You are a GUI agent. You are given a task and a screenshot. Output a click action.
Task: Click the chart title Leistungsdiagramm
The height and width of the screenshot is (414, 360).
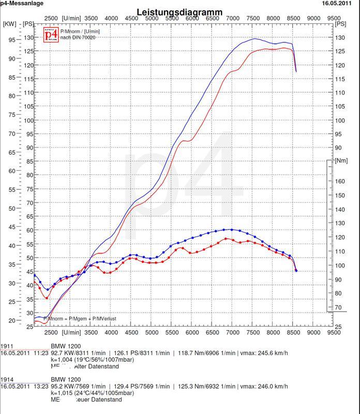pyautogui.click(x=179, y=12)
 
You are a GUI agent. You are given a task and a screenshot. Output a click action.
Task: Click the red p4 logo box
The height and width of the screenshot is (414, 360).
pyautogui.click(x=51, y=35)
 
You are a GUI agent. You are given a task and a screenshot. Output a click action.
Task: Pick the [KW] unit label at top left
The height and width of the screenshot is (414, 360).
pyautogui.click(x=9, y=24)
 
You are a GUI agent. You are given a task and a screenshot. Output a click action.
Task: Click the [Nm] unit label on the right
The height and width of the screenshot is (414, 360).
pyautogui.click(x=341, y=161)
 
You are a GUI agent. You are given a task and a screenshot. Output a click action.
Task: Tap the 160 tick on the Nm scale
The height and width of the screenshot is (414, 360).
pyautogui.click(x=340, y=182)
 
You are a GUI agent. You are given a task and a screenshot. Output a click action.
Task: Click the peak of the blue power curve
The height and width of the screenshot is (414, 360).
pyautogui.click(x=254, y=39)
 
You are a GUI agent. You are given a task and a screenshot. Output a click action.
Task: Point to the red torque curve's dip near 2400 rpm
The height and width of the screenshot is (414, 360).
pyautogui.click(x=47, y=298)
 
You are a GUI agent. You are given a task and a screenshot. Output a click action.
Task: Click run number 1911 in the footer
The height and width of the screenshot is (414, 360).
pyautogui.click(x=7, y=346)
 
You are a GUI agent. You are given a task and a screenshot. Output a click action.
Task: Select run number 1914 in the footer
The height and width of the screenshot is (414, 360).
pyautogui.click(x=7, y=379)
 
